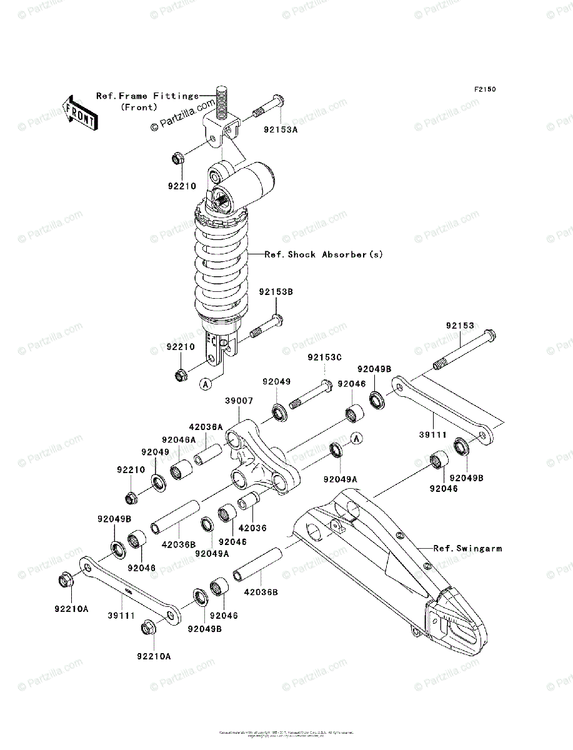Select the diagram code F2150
tap(484, 90)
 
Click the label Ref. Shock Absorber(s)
tap(323, 254)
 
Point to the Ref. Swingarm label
tap(467, 548)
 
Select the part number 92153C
tap(325, 357)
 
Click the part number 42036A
tap(206, 427)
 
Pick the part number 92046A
tap(179, 440)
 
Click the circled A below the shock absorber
tap(205, 384)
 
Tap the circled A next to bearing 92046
tap(356, 438)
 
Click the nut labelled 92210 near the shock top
tap(177, 159)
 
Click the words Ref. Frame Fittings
tap(147, 96)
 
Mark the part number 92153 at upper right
tap(460, 326)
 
